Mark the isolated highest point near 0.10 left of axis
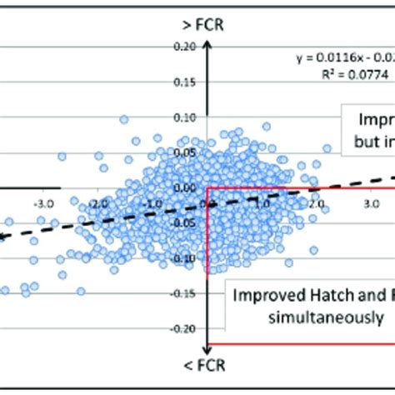coord(124,120)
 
